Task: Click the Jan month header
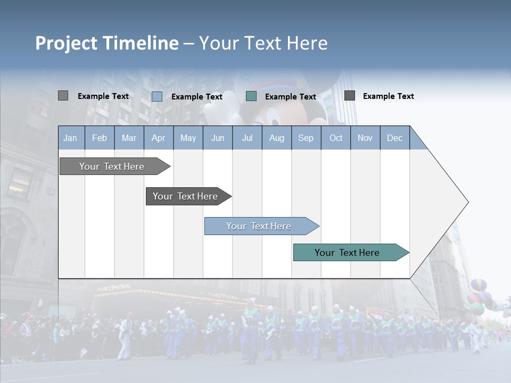click(x=70, y=138)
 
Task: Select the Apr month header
click(x=159, y=138)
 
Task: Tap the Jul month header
click(x=247, y=138)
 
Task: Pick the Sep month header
click(x=306, y=138)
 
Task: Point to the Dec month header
click(x=394, y=138)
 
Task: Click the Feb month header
click(x=100, y=138)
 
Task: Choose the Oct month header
click(x=336, y=138)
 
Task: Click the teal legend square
click(x=251, y=96)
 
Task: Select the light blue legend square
click(x=157, y=96)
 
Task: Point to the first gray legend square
click(x=63, y=96)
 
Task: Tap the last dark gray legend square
click(x=350, y=95)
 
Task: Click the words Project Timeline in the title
click(x=107, y=43)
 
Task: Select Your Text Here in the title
click(x=263, y=43)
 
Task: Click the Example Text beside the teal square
click(x=291, y=97)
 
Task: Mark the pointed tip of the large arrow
click(x=467, y=202)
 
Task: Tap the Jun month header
click(x=218, y=138)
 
